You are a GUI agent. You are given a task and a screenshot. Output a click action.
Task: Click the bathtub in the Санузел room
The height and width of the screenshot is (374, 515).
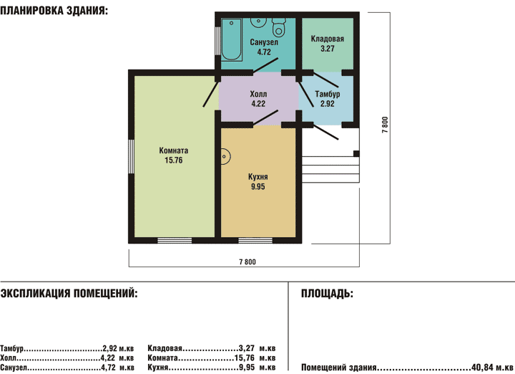point(232,39)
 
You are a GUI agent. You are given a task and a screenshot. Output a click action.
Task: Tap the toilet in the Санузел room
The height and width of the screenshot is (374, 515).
point(279,27)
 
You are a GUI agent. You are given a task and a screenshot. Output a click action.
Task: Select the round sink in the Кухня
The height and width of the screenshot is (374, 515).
point(225,157)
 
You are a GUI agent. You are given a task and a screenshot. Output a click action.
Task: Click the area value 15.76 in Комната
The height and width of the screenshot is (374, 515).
point(174,160)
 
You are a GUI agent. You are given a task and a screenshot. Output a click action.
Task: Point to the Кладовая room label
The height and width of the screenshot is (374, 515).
point(328,39)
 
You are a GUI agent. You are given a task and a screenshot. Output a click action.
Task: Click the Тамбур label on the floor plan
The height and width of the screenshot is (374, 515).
point(328,94)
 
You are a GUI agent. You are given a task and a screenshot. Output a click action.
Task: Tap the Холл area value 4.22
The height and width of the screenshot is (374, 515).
point(258,104)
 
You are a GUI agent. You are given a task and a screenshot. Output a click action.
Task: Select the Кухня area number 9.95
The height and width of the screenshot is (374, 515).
point(258,186)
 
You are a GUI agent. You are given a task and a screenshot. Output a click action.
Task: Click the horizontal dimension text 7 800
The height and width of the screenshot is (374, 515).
point(247,262)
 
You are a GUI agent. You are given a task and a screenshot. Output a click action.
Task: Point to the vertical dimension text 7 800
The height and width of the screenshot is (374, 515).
point(385,125)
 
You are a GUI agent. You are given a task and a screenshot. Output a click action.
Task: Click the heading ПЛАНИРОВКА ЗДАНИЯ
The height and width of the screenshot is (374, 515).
point(54,11)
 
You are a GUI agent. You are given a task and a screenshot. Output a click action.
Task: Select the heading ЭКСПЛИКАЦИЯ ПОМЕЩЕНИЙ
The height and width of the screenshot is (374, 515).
point(69,293)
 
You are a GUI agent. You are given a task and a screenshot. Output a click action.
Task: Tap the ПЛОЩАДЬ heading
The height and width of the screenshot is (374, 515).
point(327,293)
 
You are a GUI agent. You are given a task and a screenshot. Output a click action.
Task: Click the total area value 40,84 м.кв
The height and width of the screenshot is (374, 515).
point(492,367)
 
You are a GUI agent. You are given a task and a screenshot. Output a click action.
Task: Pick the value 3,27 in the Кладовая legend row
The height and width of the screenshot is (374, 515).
point(246,348)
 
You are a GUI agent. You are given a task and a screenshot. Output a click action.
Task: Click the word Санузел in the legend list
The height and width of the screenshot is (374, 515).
point(14,368)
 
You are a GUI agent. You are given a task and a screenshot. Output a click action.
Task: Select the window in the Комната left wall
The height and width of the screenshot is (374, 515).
point(131,157)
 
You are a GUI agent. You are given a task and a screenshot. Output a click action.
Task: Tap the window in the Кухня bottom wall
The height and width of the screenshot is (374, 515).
point(255,241)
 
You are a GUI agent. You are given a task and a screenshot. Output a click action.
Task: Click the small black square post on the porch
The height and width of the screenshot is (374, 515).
point(356,153)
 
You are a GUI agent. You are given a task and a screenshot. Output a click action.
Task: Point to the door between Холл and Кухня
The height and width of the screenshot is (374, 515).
point(265,118)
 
